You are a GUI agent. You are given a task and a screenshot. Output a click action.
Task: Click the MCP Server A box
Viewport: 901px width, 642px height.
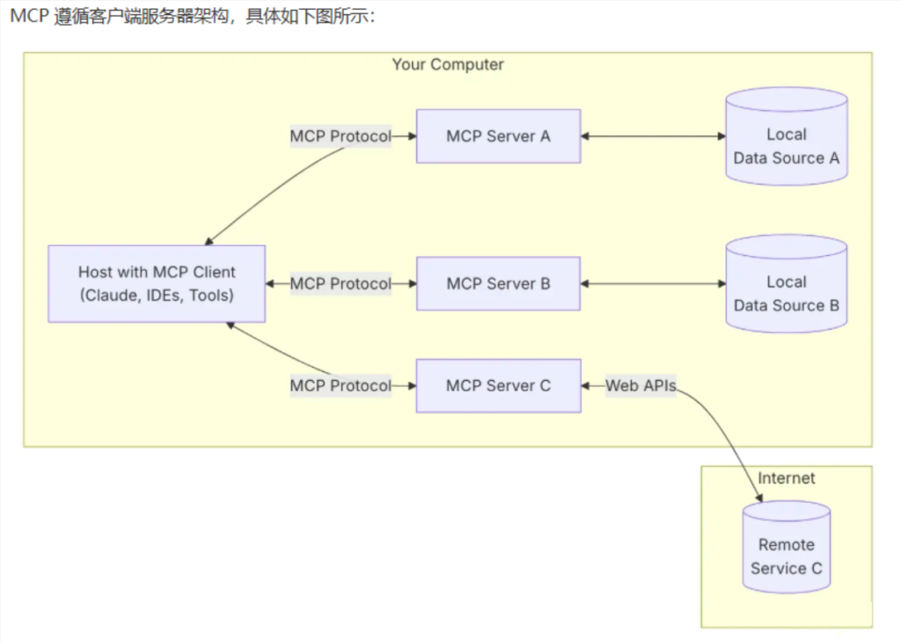click(498, 136)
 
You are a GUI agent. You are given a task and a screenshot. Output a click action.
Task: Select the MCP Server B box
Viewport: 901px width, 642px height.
click(498, 284)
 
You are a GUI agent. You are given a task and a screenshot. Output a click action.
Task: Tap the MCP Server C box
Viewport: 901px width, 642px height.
click(498, 385)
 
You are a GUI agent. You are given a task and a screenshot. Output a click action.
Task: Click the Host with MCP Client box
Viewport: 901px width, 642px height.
click(157, 284)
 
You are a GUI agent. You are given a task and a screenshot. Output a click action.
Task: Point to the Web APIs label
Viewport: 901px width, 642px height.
click(641, 385)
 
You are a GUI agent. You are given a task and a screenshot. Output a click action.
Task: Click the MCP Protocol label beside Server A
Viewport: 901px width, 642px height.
click(341, 136)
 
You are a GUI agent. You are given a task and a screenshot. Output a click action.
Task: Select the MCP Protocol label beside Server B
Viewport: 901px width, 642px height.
click(341, 284)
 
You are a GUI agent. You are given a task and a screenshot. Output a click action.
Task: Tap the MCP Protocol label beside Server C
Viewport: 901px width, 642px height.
click(341, 385)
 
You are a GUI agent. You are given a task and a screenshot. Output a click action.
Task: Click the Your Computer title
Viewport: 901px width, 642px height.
click(448, 65)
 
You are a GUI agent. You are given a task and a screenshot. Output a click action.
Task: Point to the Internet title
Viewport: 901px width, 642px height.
click(787, 478)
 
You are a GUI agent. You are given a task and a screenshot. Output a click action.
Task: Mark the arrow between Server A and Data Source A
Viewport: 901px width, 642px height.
click(651, 136)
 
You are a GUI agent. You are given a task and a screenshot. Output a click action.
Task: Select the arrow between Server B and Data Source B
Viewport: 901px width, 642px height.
click(651, 284)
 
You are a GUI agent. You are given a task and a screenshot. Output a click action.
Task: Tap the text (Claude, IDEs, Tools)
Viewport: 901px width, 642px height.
click(157, 295)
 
